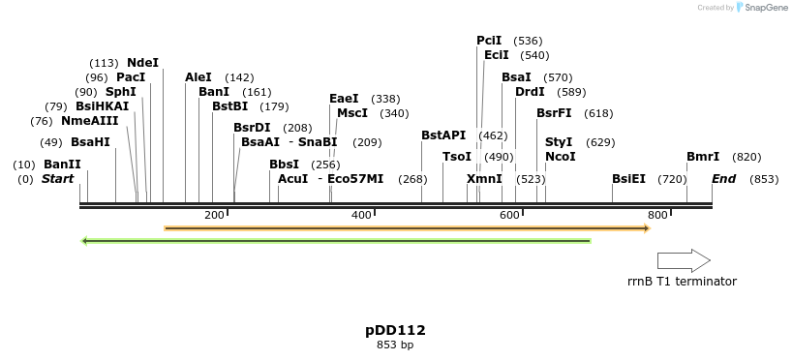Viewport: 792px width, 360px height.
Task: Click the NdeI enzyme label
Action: coord(142,63)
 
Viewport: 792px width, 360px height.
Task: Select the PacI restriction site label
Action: coord(131,77)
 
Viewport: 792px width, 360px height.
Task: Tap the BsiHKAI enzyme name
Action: coord(102,106)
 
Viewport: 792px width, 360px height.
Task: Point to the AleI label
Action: coord(198,77)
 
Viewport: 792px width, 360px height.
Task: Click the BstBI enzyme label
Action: coord(230,106)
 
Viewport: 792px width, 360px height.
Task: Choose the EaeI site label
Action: coord(344,99)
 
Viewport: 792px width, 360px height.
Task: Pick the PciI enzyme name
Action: coord(489,41)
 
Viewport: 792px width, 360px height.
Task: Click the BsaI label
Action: coord(516,77)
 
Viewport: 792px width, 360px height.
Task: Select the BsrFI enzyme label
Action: coord(554,113)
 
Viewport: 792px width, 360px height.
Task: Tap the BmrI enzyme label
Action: coord(703,157)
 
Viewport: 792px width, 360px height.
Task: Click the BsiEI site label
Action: coord(628,179)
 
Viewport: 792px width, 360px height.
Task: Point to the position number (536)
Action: coord(528,41)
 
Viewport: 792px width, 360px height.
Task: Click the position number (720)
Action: coord(672,179)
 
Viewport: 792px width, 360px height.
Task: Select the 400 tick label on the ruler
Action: coord(361,215)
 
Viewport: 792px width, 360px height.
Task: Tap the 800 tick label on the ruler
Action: coord(657,215)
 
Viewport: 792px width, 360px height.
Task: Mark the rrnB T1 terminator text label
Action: coord(682,282)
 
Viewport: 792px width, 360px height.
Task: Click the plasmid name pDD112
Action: coord(395,330)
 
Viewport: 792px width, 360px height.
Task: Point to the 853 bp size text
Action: coord(395,345)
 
